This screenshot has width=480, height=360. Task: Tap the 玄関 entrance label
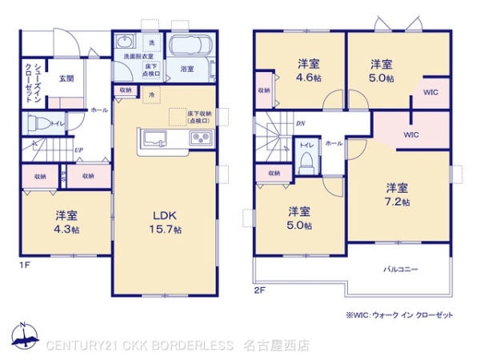[66, 78]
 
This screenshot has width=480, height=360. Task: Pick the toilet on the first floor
[36, 124]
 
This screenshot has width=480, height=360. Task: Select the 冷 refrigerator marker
[152, 94]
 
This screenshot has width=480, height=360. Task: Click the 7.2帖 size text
[398, 202]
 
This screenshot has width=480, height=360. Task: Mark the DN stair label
[300, 123]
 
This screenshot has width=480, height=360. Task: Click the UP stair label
[78, 149]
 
